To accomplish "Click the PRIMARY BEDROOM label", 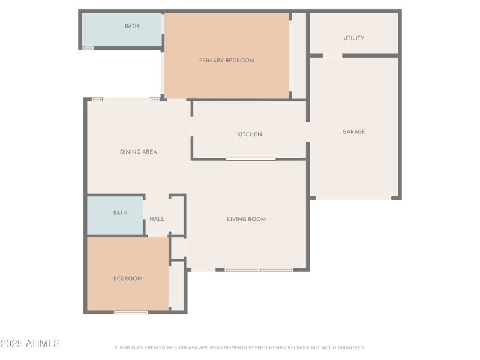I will pyautogui.click(x=227, y=61).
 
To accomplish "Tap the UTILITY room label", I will pyautogui.click(x=353, y=38).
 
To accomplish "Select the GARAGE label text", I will pyautogui.click(x=353, y=131).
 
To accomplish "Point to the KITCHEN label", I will pyautogui.click(x=249, y=134).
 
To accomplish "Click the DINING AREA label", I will pyautogui.click(x=138, y=152).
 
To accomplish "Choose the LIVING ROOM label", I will pyautogui.click(x=246, y=219).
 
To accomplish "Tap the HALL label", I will pyautogui.click(x=157, y=219).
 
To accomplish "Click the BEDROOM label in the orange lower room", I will pyautogui.click(x=128, y=278).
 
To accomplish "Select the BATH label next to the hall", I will pyautogui.click(x=120, y=212).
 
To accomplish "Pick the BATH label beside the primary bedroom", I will pyautogui.click(x=131, y=26).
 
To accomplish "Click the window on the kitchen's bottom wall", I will pyautogui.click(x=251, y=159).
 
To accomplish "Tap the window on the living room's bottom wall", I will pyautogui.click(x=259, y=269).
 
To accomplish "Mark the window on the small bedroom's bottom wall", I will pyautogui.click(x=131, y=312).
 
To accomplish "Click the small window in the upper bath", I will pyautogui.click(x=88, y=48).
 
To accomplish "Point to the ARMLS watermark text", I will pyautogui.click(x=41, y=344).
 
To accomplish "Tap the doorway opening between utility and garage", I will pyautogui.click(x=332, y=56).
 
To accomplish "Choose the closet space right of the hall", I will pyautogui.click(x=176, y=215).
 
